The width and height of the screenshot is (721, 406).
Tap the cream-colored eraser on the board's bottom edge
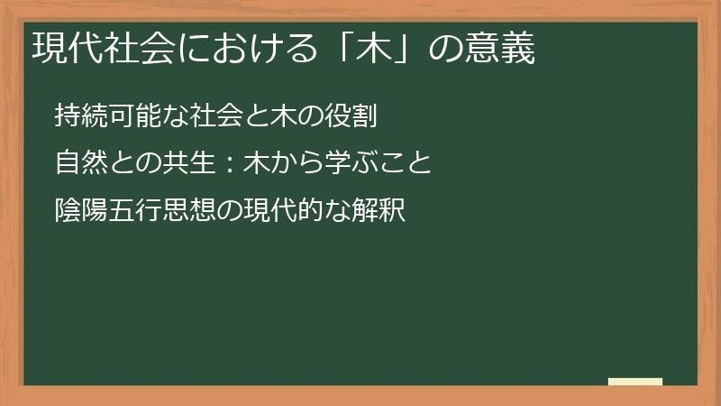(x=635, y=382)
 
